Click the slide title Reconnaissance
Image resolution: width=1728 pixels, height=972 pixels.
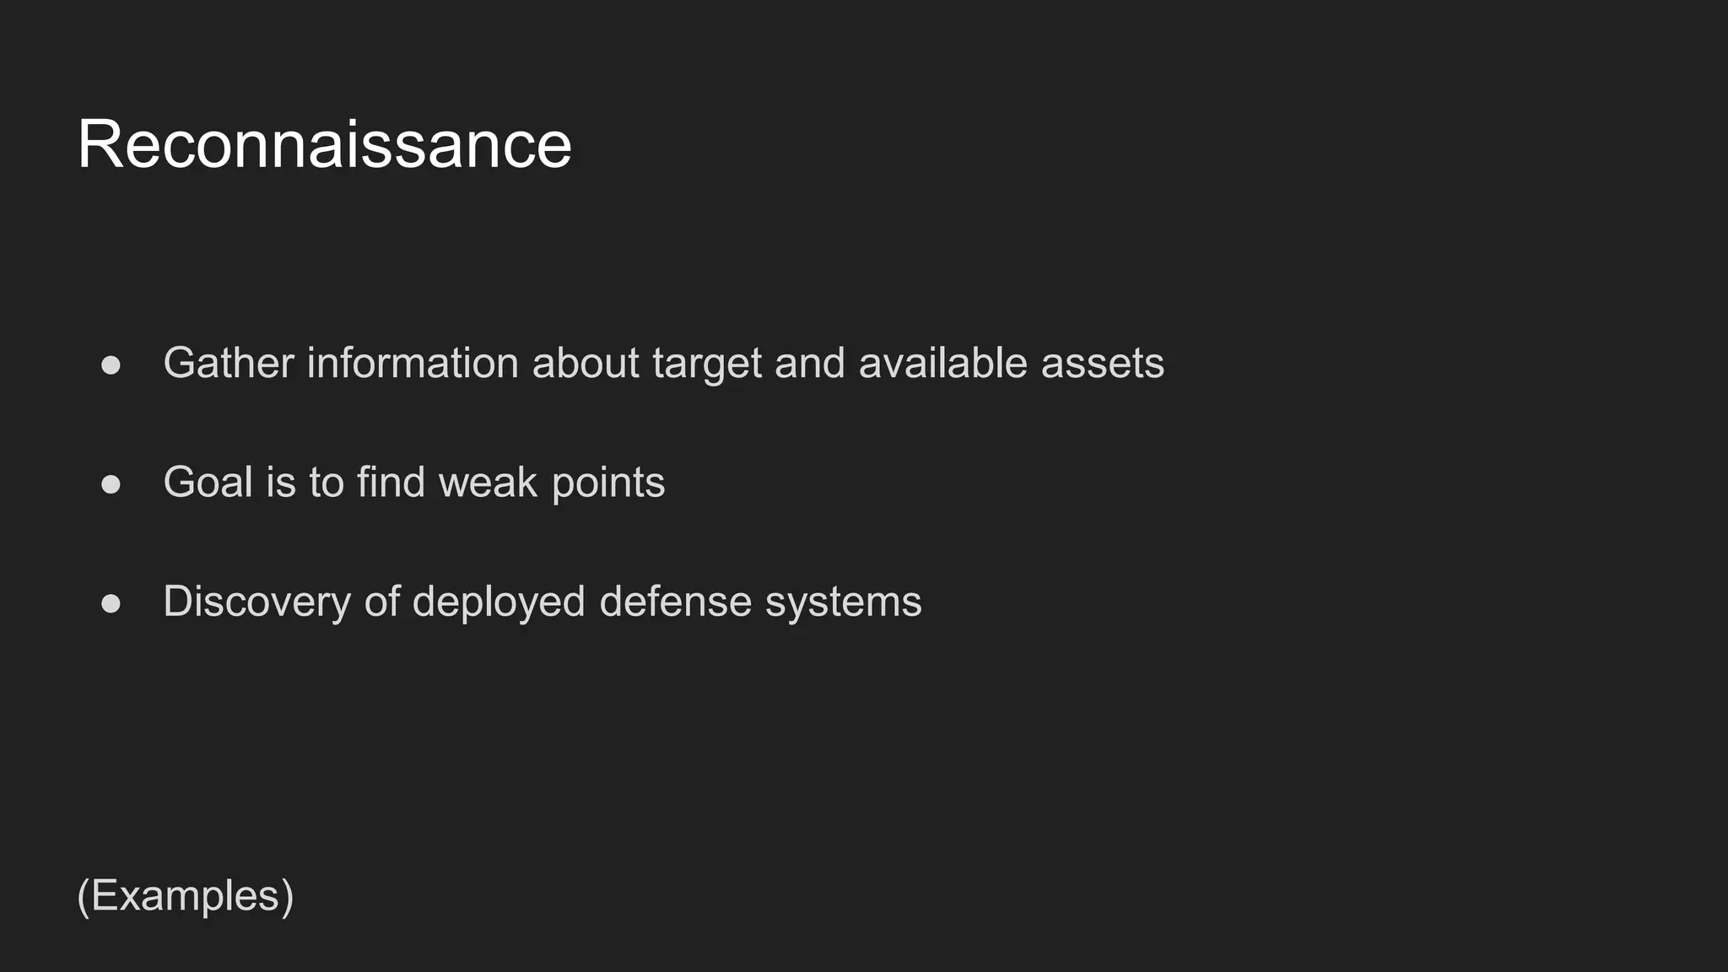click(x=324, y=144)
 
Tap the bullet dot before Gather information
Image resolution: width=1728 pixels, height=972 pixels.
click(x=111, y=364)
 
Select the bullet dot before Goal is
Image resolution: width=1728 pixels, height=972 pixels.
click(x=111, y=484)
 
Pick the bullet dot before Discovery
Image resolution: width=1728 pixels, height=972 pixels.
click(x=111, y=603)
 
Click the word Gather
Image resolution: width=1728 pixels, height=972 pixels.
click(x=229, y=363)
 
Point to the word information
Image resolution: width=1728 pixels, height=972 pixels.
click(x=413, y=363)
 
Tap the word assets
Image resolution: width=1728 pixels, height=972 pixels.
click(x=1102, y=364)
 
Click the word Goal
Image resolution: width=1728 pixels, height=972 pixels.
click(x=208, y=483)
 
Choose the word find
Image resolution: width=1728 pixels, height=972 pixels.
click(x=390, y=483)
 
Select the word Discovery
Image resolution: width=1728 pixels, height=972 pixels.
click(x=256, y=602)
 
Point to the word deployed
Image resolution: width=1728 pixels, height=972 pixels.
click(x=499, y=602)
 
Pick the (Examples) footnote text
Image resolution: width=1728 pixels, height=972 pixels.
click(x=186, y=895)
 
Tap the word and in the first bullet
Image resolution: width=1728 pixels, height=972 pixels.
click(x=809, y=363)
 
